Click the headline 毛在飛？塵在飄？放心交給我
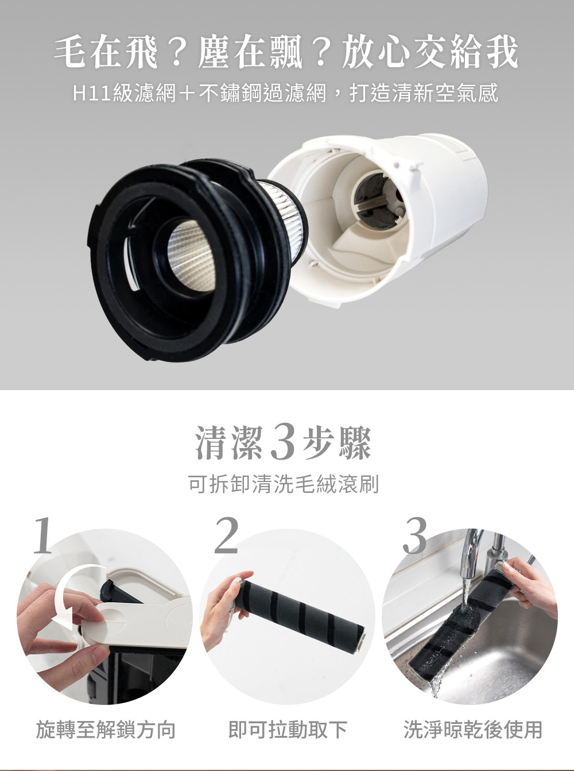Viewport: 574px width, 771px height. (286, 53)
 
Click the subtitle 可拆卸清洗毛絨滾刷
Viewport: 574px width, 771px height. (284, 484)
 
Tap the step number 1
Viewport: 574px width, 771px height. (44, 537)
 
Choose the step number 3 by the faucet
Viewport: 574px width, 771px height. (414, 537)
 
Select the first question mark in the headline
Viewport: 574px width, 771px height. (177, 53)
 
